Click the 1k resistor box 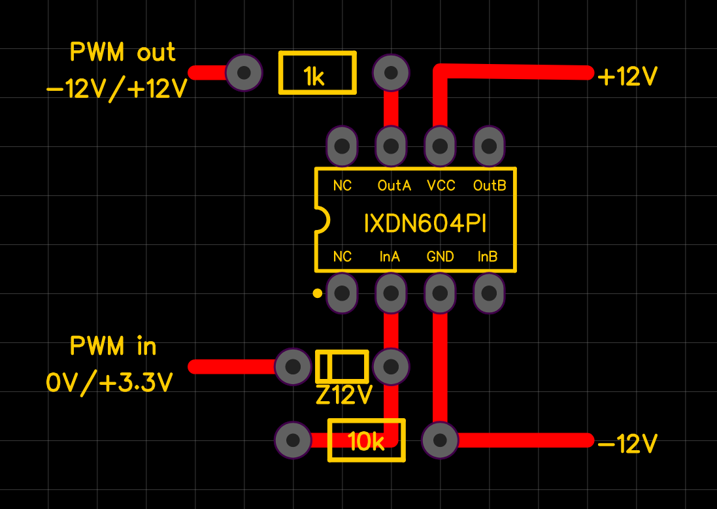(318, 73)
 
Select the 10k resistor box (366, 440)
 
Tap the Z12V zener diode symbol (342, 367)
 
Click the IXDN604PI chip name (425, 224)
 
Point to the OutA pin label (394, 186)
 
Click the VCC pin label (441, 186)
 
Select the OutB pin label (490, 186)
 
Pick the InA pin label (390, 257)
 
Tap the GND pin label (440, 257)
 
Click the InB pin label (488, 257)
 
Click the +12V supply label (627, 77)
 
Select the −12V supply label (627, 444)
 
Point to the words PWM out (123, 52)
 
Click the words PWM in (114, 346)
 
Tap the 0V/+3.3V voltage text (109, 382)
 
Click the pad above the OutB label (488, 146)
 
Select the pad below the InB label (488, 293)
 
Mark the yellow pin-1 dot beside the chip (318, 293)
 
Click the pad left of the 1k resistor (244, 73)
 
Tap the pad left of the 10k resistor (293, 440)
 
